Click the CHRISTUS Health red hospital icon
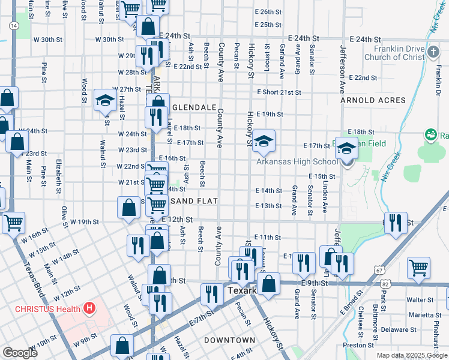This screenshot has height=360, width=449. click(x=89, y=309)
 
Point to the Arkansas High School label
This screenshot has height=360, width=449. click(x=297, y=161)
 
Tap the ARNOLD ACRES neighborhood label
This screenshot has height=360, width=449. click(x=373, y=100)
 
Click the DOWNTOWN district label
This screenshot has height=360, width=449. click(x=226, y=340)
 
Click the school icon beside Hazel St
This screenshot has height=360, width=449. click(x=106, y=100)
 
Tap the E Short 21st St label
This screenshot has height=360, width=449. click(x=279, y=92)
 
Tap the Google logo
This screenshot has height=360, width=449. click(x=20, y=353)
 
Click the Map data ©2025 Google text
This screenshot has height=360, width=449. click(x=411, y=355)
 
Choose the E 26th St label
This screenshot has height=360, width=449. click(x=268, y=11)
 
